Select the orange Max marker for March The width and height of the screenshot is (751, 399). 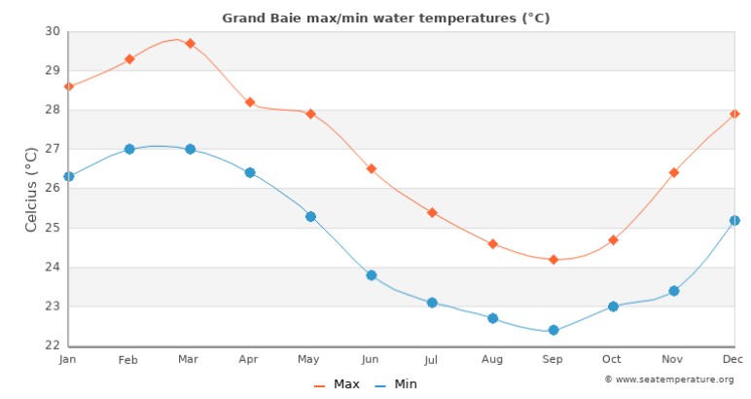pos(190,44)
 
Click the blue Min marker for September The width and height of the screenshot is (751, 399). pos(554,330)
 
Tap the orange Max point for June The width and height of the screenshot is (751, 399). pos(371,168)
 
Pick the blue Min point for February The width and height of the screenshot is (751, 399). pos(129,149)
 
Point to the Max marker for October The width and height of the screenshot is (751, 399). pos(613,239)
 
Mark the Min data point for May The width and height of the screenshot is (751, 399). pos(310,216)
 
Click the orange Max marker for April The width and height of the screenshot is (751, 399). pos(250,102)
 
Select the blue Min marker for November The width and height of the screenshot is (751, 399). pos(673,291)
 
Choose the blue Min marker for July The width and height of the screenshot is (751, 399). pos(432,303)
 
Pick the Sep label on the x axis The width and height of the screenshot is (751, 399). pos(553,360)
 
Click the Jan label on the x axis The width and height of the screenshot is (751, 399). pos(68,360)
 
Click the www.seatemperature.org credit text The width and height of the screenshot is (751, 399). pos(673,379)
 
